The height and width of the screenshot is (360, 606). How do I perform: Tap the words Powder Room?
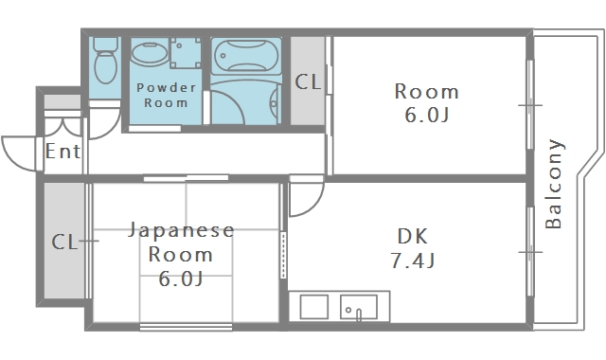[x=166, y=95]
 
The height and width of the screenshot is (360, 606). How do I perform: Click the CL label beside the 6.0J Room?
[x=308, y=81]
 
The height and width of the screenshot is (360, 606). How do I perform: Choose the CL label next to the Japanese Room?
[x=63, y=242]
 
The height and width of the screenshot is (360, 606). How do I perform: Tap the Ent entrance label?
[x=62, y=152]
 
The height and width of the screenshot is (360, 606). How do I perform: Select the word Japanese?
[x=180, y=231]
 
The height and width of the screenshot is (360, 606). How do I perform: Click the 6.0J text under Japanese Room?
[x=180, y=279]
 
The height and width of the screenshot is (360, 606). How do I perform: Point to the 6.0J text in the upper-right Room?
[x=426, y=116]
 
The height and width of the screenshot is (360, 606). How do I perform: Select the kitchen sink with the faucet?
[x=359, y=308]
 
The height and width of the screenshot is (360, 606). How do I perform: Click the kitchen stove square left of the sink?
[x=314, y=308]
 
